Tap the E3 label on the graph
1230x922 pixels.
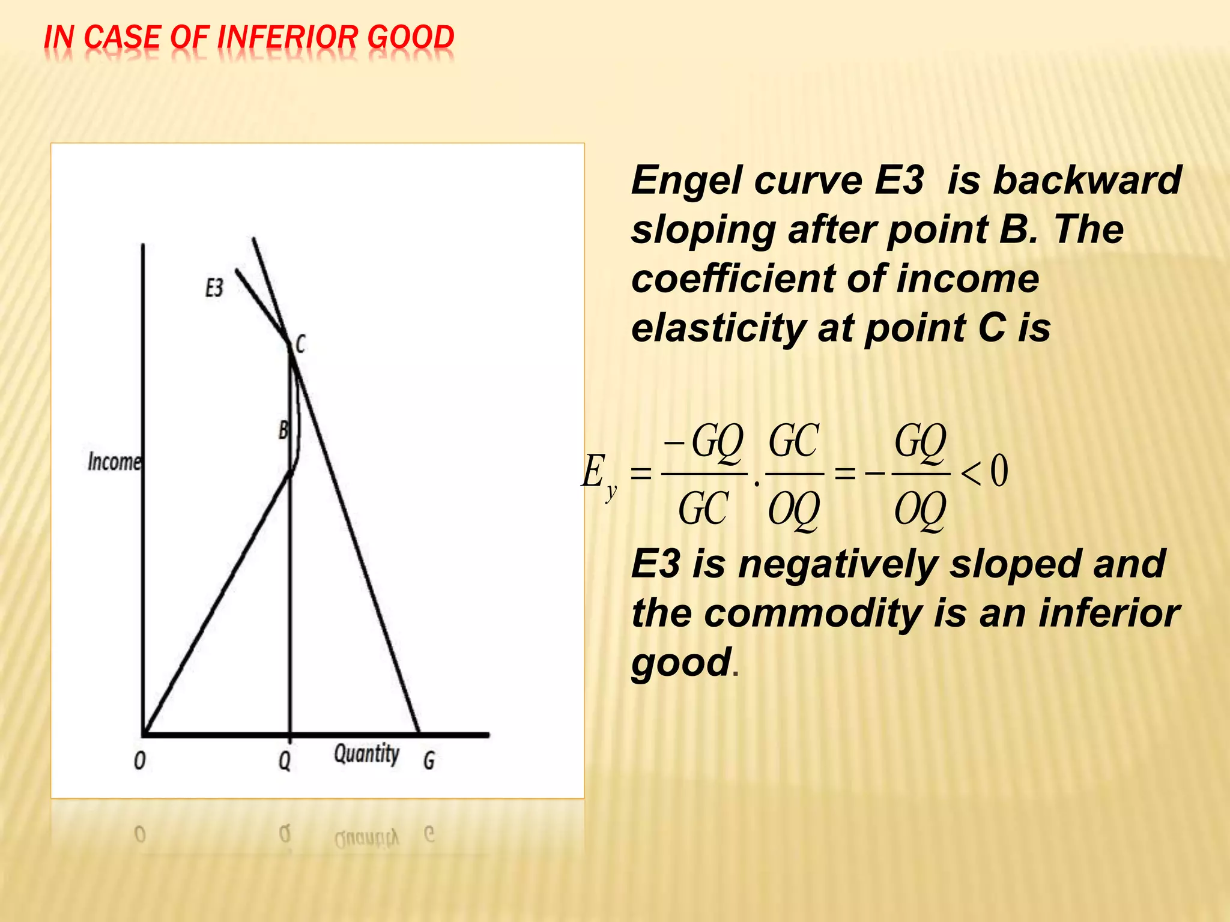pos(214,288)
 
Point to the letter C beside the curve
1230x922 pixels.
pos(301,344)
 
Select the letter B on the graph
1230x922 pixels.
pos(283,430)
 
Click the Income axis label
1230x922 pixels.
pos(114,462)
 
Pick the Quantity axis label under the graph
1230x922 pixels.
pos(366,754)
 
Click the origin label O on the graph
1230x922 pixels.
pos(139,761)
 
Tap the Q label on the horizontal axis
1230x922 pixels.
pos(285,761)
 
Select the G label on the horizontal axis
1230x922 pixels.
pos(429,761)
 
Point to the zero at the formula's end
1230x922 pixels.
pos(999,471)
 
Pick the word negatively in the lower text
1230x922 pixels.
pos(838,564)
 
